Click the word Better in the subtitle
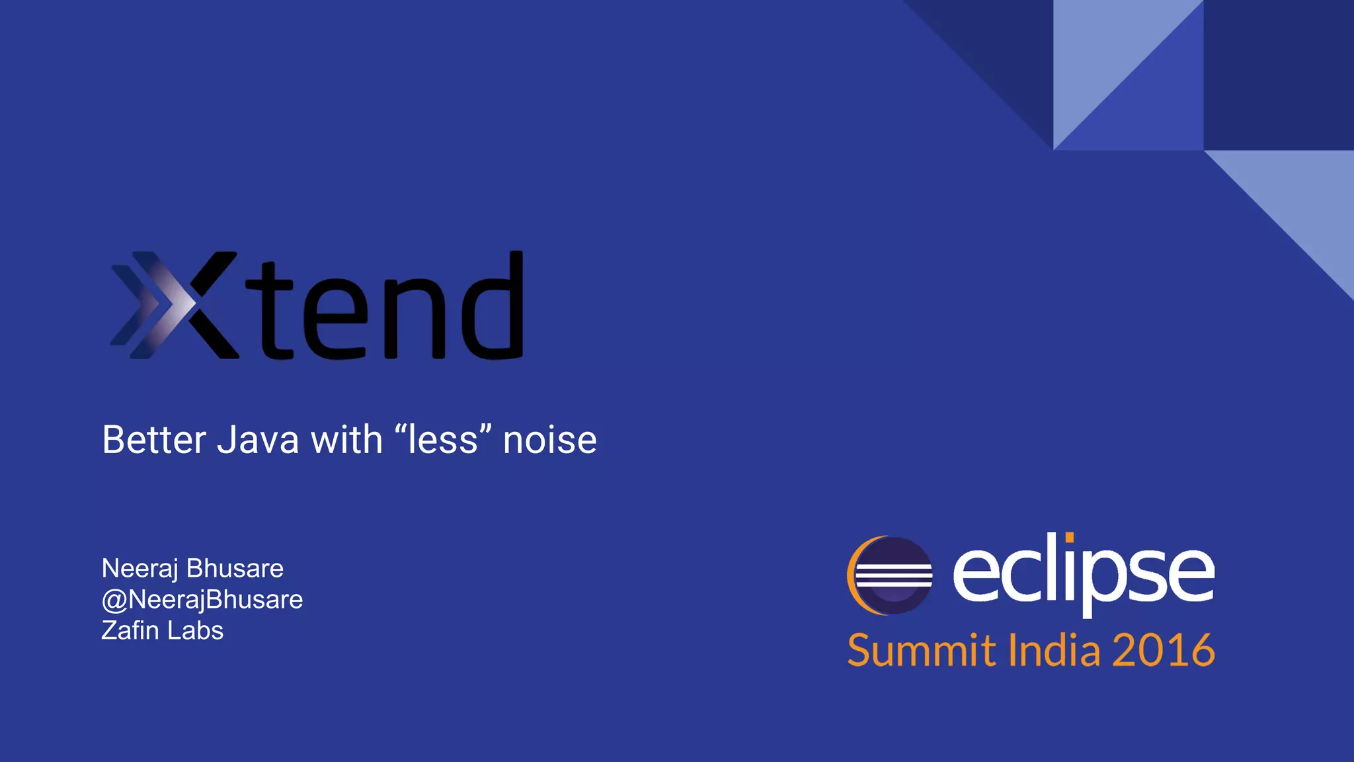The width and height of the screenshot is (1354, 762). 153,440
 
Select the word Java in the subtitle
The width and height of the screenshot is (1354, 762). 258,440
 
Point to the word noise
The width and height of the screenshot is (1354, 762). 549,441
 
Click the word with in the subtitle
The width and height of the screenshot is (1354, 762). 346,440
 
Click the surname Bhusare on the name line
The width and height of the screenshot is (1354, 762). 235,568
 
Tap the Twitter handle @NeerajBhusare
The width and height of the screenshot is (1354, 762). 202,599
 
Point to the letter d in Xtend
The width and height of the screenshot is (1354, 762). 493,306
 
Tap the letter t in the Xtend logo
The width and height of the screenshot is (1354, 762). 270,311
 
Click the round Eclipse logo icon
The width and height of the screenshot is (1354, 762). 890,575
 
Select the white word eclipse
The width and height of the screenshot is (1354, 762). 1082,573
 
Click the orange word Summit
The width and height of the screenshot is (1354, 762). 921,650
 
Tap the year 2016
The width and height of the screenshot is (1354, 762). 1164,650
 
